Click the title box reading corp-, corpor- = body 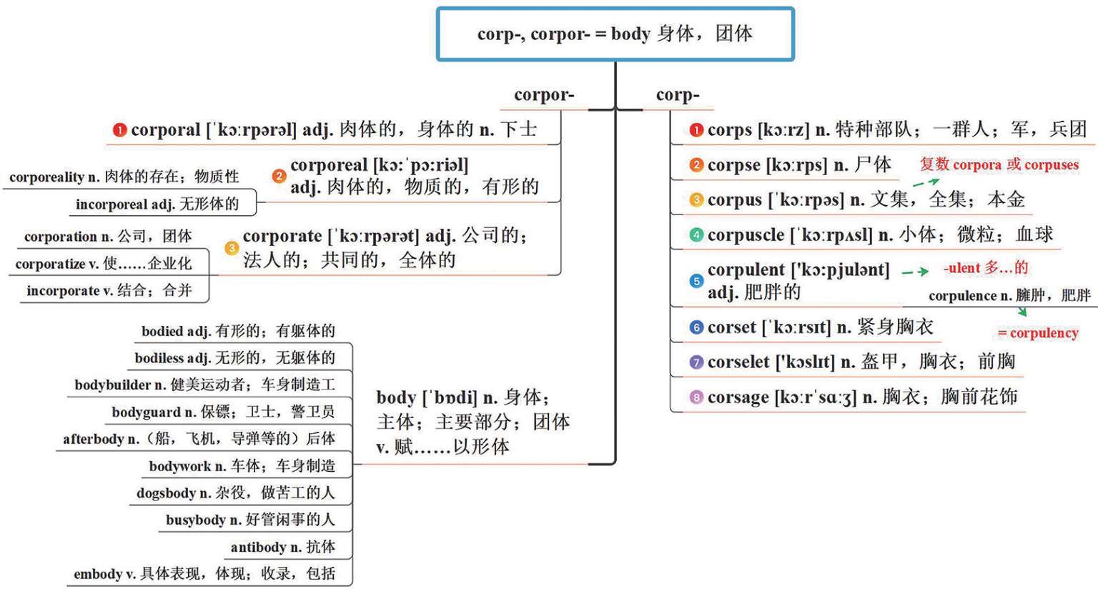[615, 34]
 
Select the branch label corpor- [543, 96]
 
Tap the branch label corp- [677, 96]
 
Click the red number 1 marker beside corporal [119, 130]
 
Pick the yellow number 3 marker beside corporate [232, 248]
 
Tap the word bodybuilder [113, 385]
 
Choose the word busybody [196, 520]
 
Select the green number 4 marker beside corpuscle [696, 235]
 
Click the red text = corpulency [1037, 333]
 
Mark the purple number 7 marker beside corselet [696, 362]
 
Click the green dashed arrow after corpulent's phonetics [915, 272]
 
